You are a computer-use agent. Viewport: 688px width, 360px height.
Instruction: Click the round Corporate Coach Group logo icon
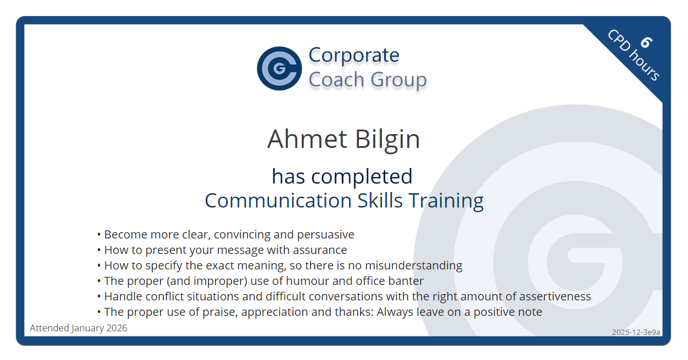tap(279, 68)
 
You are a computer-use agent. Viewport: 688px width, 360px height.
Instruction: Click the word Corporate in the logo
tap(354, 55)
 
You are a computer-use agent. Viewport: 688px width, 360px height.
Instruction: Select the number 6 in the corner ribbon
tap(646, 42)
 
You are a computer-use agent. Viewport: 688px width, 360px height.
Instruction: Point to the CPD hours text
tap(634, 55)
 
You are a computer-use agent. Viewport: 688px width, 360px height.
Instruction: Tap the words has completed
tap(342, 176)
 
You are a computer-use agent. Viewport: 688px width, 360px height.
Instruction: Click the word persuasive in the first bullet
tap(325, 234)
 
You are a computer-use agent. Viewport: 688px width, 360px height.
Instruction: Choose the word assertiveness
tap(555, 296)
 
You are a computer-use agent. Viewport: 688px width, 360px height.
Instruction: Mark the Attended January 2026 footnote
tap(79, 328)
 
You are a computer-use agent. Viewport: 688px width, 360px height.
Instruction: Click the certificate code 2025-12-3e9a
tap(636, 332)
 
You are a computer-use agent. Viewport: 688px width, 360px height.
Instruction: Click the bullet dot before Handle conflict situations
tap(99, 297)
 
